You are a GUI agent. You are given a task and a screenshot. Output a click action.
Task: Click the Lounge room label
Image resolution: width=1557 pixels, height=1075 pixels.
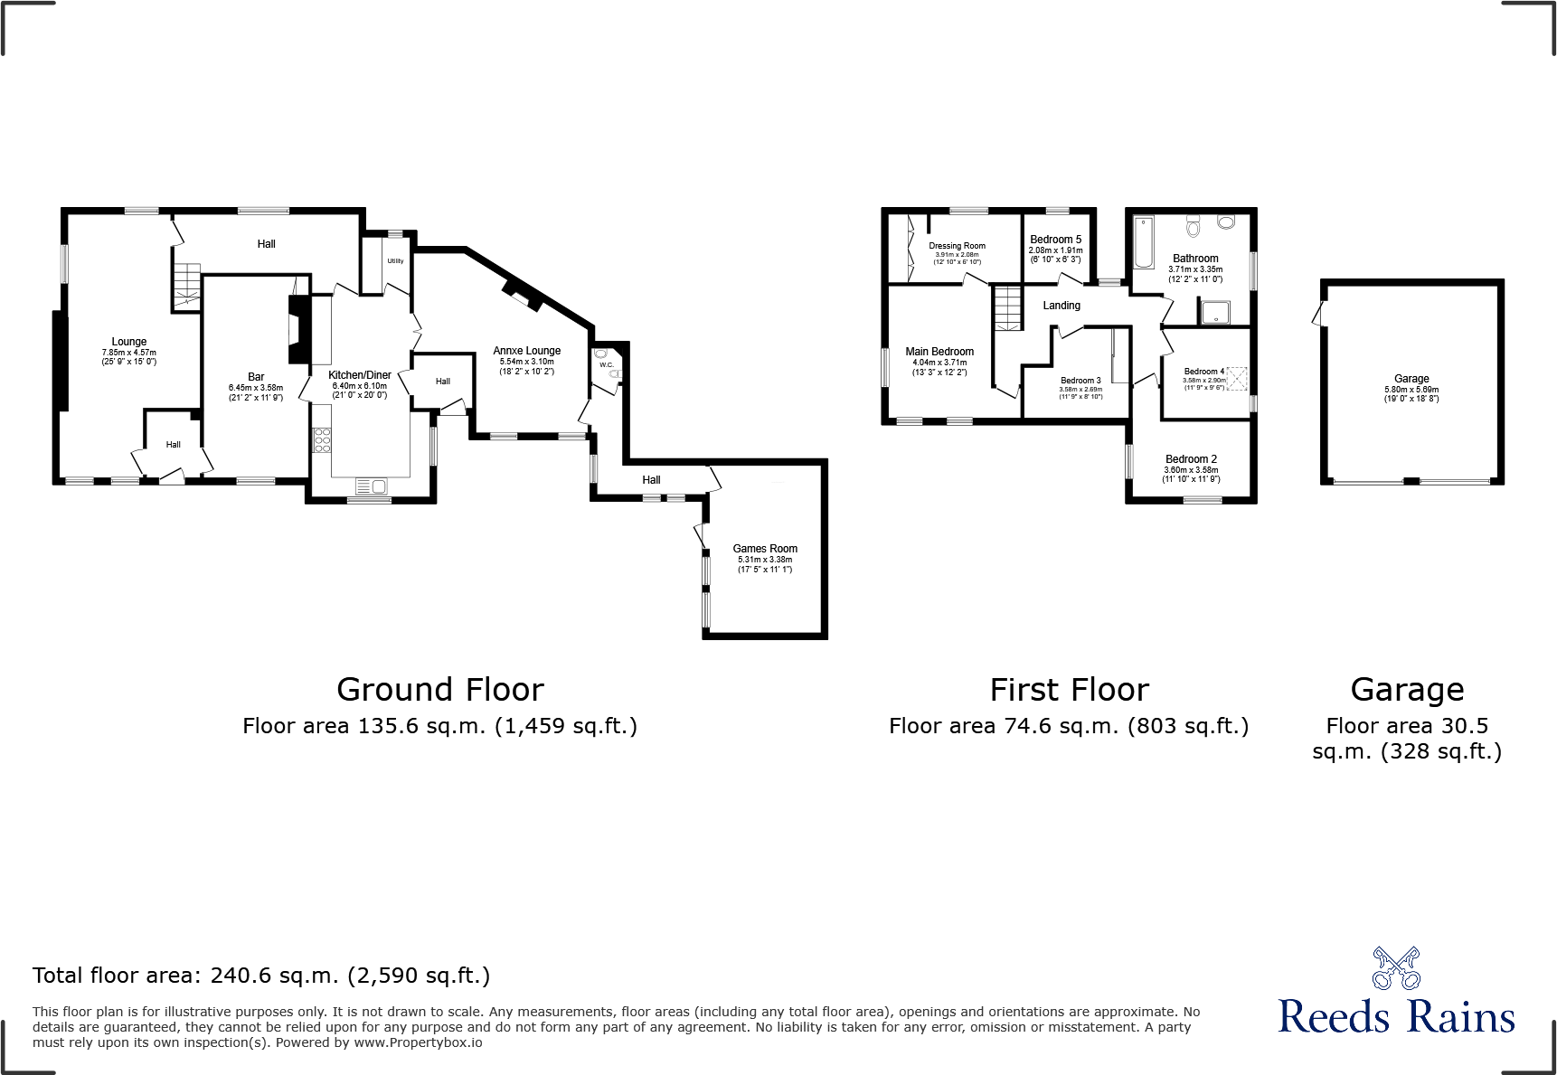[x=128, y=342]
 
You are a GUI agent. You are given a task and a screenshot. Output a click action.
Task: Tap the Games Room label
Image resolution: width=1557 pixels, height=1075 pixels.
[x=765, y=549]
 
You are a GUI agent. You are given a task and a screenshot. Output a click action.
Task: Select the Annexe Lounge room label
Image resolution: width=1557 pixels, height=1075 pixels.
[x=527, y=351]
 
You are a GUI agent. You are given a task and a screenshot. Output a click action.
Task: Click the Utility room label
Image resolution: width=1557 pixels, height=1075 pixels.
[x=396, y=261]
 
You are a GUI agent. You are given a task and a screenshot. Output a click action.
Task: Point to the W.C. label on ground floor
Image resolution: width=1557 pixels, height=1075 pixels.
[x=606, y=365]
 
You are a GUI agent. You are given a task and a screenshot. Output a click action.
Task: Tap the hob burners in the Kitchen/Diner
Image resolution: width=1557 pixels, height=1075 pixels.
[x=322, y=440]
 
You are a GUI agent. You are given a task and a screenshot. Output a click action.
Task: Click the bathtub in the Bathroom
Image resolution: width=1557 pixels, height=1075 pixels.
[x=1144, y=241]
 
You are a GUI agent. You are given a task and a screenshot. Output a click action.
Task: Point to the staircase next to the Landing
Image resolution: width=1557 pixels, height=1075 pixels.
[x=1007, y=307]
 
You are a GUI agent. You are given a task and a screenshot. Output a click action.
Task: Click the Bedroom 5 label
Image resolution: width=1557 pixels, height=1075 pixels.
[x=1055, y=240]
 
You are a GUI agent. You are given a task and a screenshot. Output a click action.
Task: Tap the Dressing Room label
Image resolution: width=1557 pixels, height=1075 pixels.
[x=957, y=246]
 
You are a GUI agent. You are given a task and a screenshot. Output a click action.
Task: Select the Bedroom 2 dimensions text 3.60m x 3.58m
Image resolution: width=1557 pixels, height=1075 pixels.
[x=1191, y=470]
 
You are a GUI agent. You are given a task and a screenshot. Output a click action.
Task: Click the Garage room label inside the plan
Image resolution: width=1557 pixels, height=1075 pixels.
[x=1411, y=379]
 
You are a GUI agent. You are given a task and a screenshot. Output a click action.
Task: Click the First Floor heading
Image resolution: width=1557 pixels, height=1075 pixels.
[x=1069, y=690]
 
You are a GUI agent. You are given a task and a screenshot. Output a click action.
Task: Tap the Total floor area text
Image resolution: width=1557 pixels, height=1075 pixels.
[x=261, y=976]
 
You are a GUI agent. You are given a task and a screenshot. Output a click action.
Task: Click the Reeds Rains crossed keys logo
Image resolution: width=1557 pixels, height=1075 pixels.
[x=1396, y=968]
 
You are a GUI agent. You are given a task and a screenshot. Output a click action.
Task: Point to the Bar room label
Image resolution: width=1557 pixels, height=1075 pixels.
[x=256, y=377]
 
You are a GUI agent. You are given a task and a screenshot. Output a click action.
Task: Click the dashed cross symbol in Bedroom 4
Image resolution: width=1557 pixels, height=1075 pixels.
[x=1236, y=378]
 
